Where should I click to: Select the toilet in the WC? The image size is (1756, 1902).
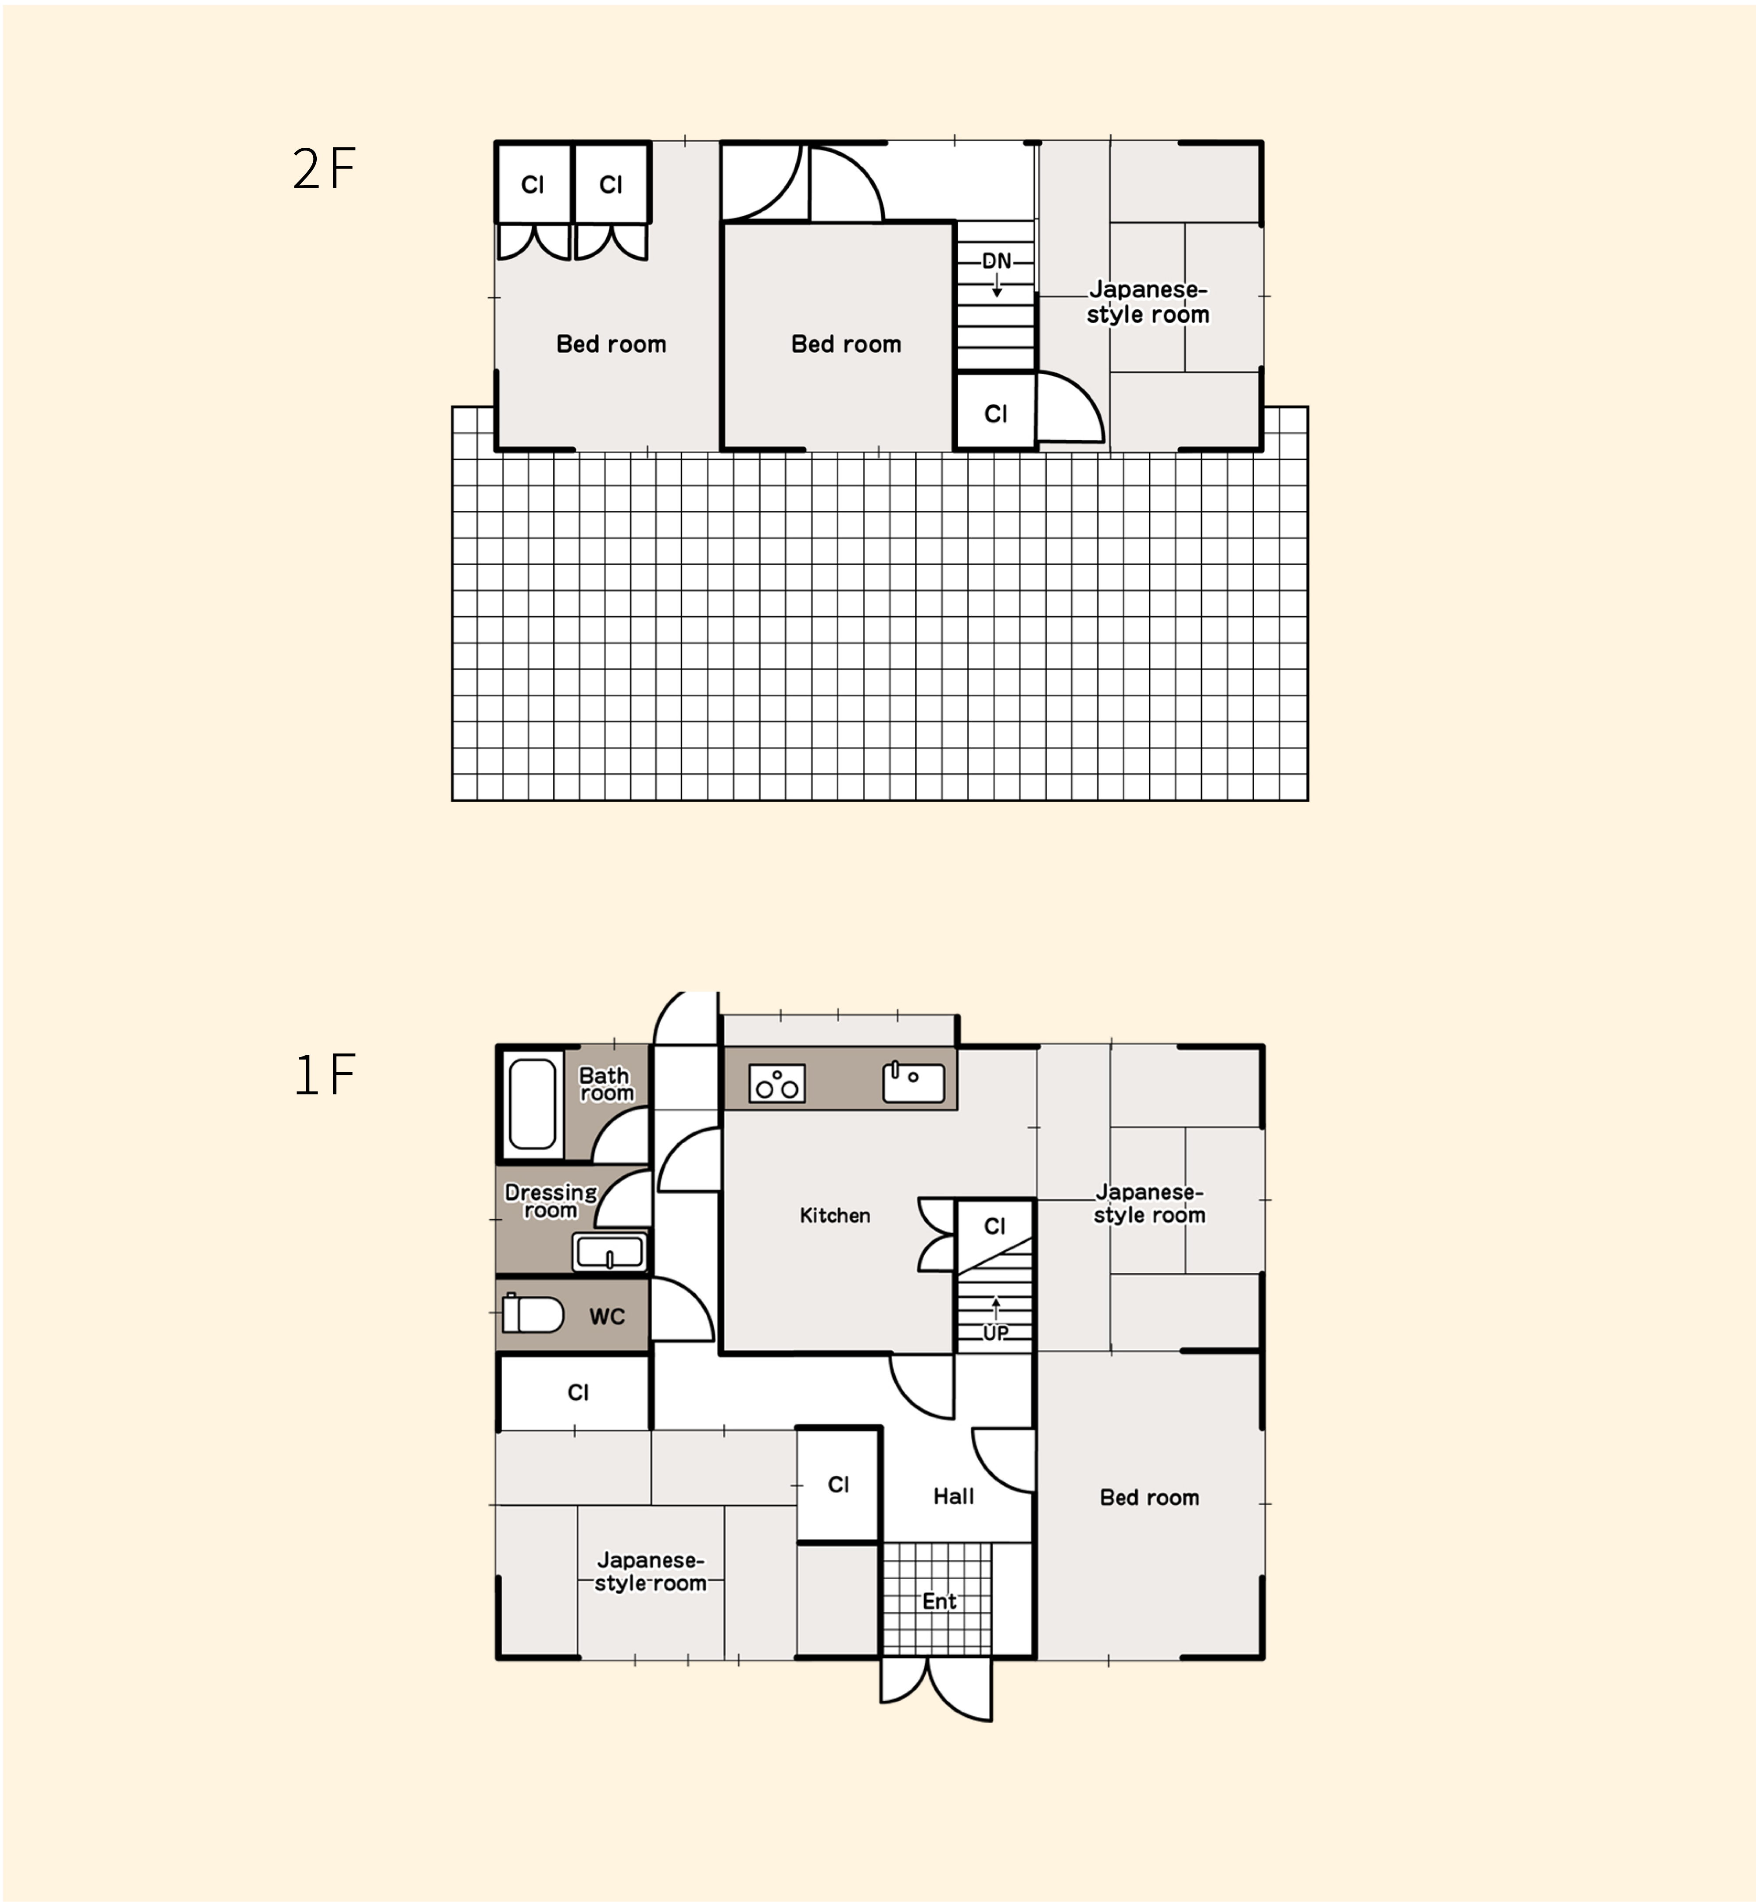coord(532,1314)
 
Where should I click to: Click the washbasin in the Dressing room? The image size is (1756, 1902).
coord(610,1251)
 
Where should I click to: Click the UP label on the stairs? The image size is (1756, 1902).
coord(996,1332)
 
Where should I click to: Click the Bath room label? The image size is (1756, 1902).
coord(605,1084)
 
